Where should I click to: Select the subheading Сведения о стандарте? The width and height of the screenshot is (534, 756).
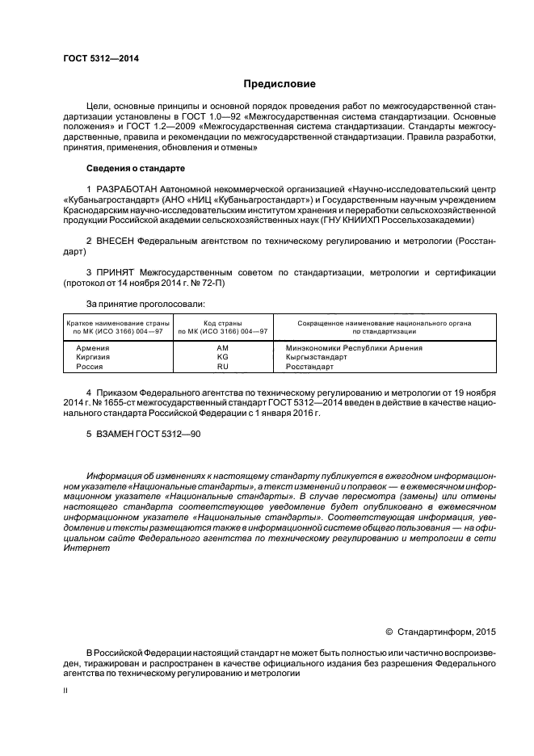click(x=135, y=169)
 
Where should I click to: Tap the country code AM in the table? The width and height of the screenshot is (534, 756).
click(x=223, y=347)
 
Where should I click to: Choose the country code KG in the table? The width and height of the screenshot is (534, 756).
click(x=223, y=357)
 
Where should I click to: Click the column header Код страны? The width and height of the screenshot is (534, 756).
click(x=223, y=322)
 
